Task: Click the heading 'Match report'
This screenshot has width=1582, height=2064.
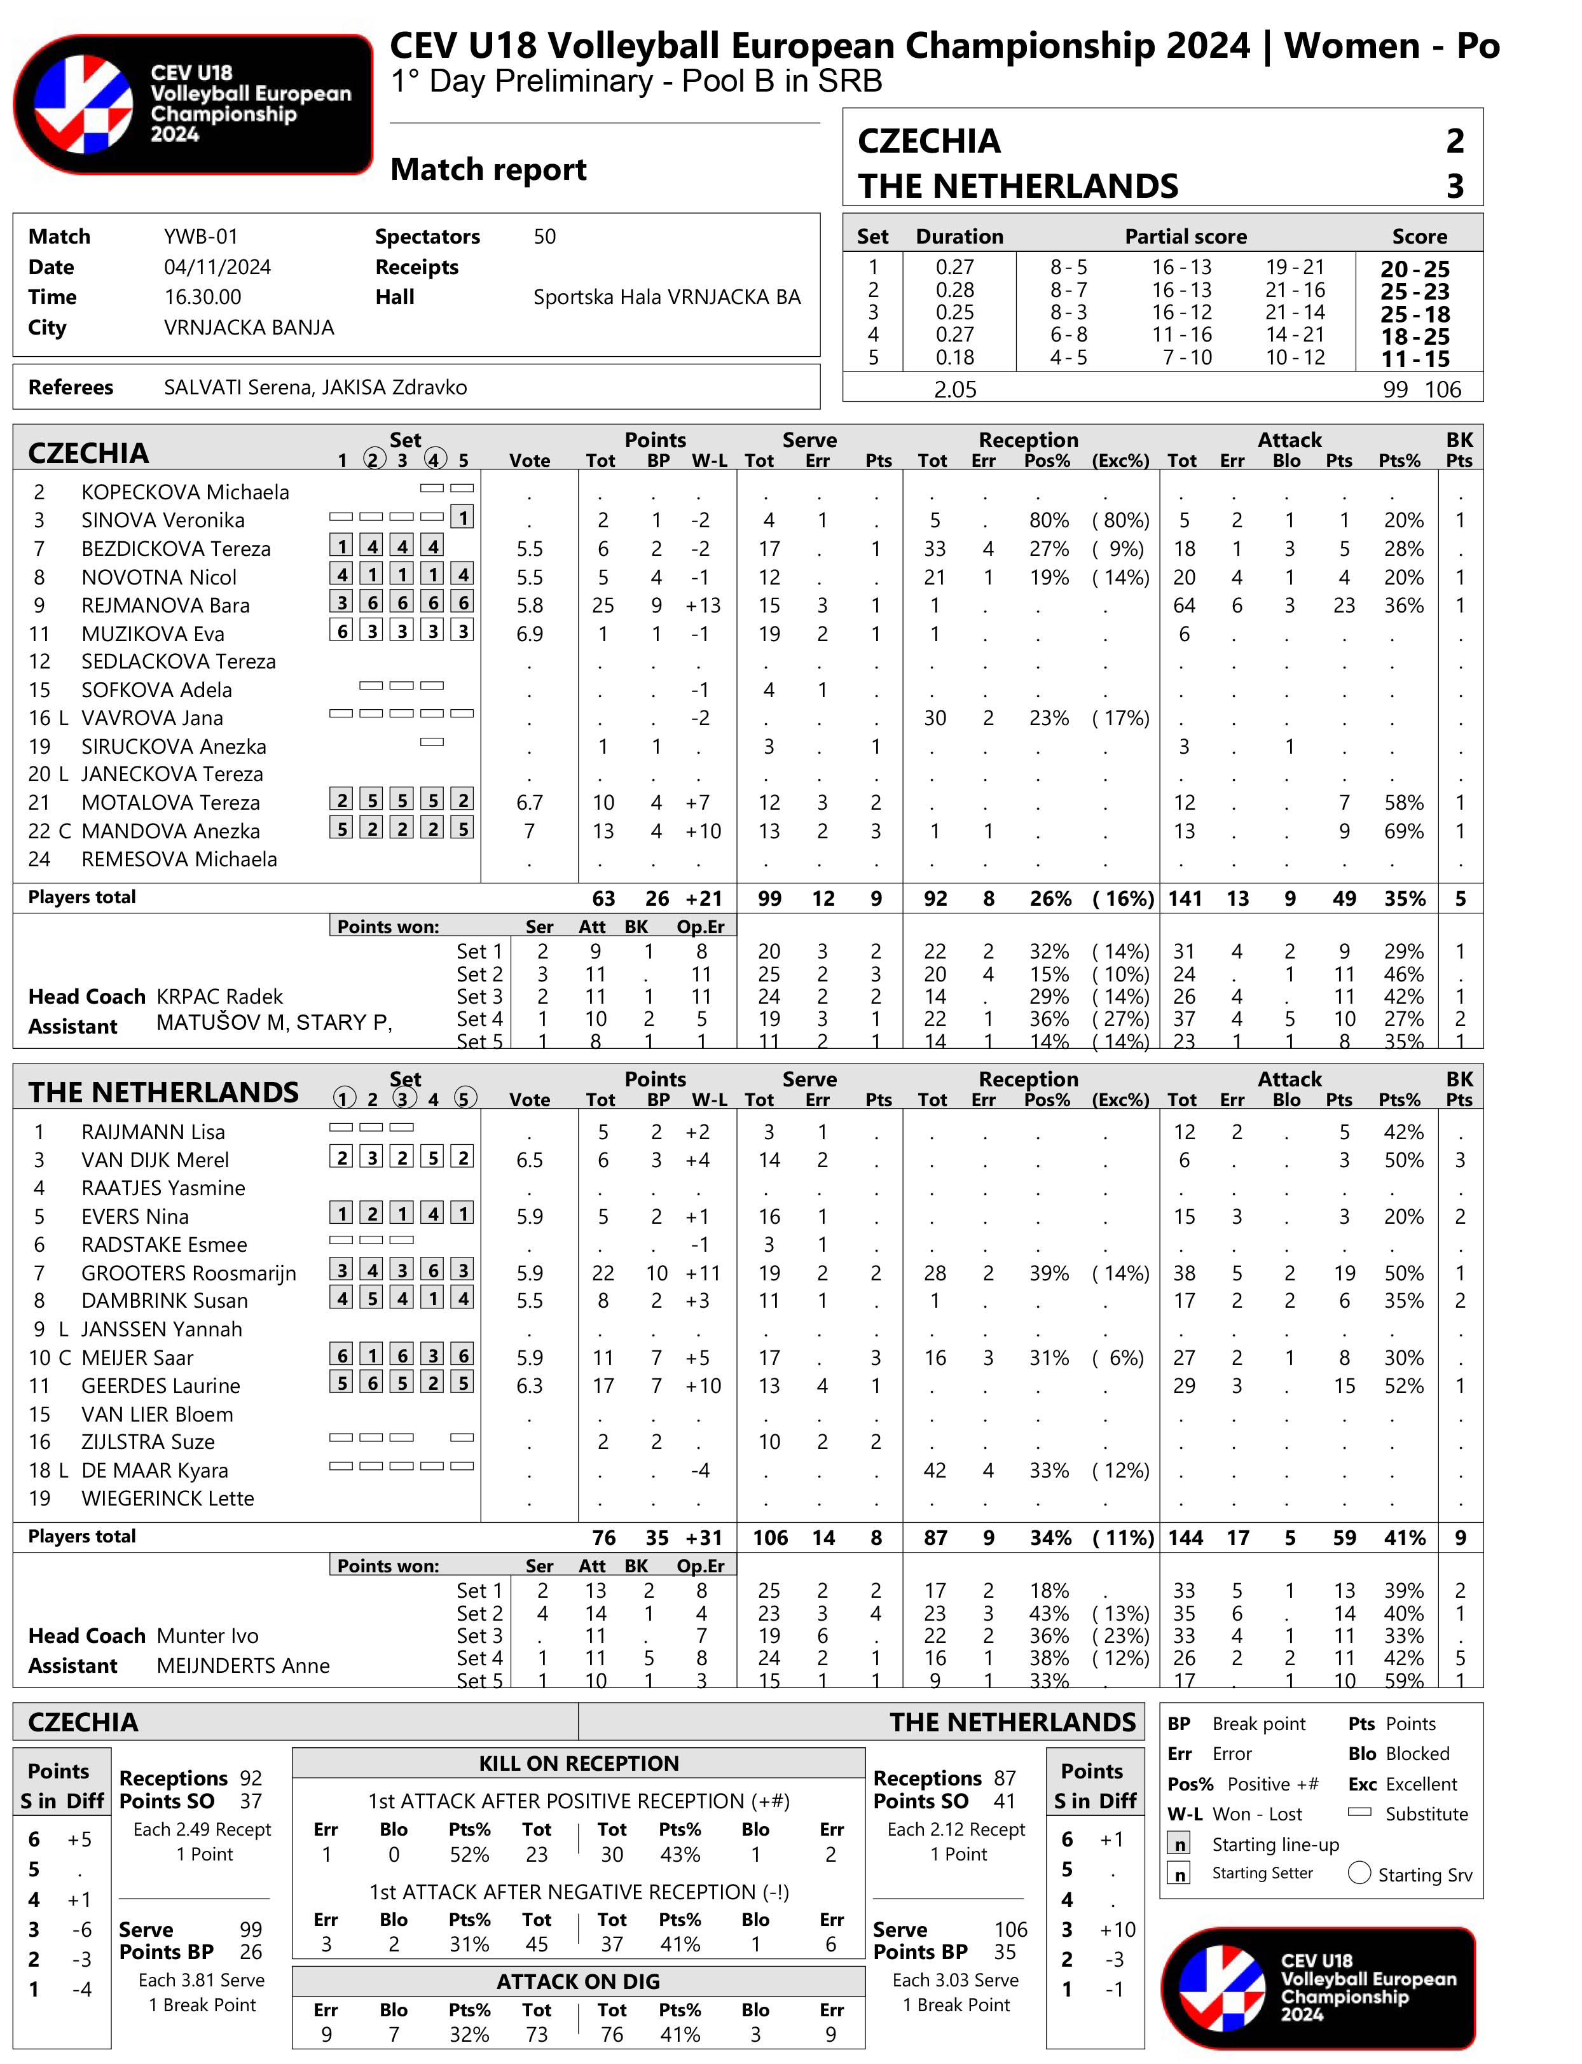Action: point(488,170)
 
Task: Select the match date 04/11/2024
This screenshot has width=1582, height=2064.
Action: point(217,268)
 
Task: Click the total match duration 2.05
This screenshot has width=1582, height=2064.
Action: point(955,389)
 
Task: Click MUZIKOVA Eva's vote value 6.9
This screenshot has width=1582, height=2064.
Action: point(529,634)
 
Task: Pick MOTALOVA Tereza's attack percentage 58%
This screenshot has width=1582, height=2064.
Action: point(1403,803)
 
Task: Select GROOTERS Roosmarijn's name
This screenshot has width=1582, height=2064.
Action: point(188,1273)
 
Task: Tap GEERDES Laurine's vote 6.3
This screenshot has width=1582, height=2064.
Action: point(529,1386)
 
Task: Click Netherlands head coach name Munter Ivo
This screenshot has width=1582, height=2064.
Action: point(207,1635)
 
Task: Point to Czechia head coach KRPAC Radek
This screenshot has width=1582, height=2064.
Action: point(219,997)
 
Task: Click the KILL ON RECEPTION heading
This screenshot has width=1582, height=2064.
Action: point(578,1764)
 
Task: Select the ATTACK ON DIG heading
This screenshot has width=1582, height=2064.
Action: point(578,1981)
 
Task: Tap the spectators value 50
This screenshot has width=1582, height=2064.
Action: point(544,237)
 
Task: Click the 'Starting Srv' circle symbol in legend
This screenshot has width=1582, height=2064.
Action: point(1359,1873)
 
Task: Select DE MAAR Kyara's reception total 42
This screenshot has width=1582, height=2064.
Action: point(934,1471)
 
